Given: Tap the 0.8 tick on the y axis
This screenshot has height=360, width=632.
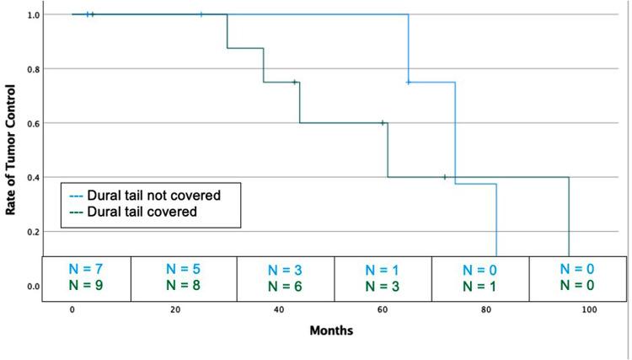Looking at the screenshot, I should click(33, 69).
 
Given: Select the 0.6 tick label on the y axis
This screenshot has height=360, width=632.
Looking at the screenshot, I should click(33, 123).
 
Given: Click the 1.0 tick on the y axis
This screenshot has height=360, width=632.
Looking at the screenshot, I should click(33, 15).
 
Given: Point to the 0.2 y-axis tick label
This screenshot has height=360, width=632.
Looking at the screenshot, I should click(33, 232).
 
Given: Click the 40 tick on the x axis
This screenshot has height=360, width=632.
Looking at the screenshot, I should click(278, 311).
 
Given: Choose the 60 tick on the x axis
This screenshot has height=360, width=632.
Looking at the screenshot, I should click(382, 311).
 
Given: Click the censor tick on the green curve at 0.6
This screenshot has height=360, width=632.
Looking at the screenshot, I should click(383, 123).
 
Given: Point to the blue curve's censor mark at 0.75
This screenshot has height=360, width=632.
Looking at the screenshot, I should click(409, 83).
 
